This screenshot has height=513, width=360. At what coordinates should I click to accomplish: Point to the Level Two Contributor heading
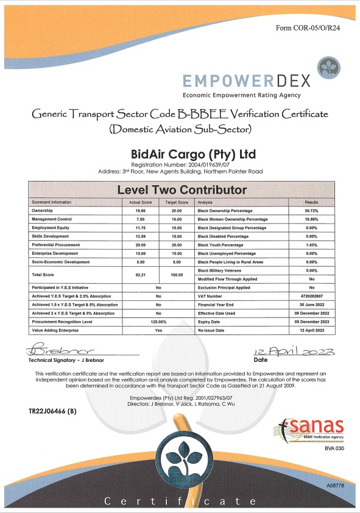tap(182, 190)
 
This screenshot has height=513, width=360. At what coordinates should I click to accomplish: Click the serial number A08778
tap(335, 486)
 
